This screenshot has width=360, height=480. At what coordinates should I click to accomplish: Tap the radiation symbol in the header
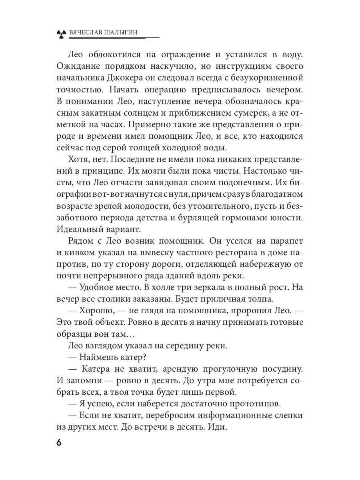pyautogui.click(x=60, y=34)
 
